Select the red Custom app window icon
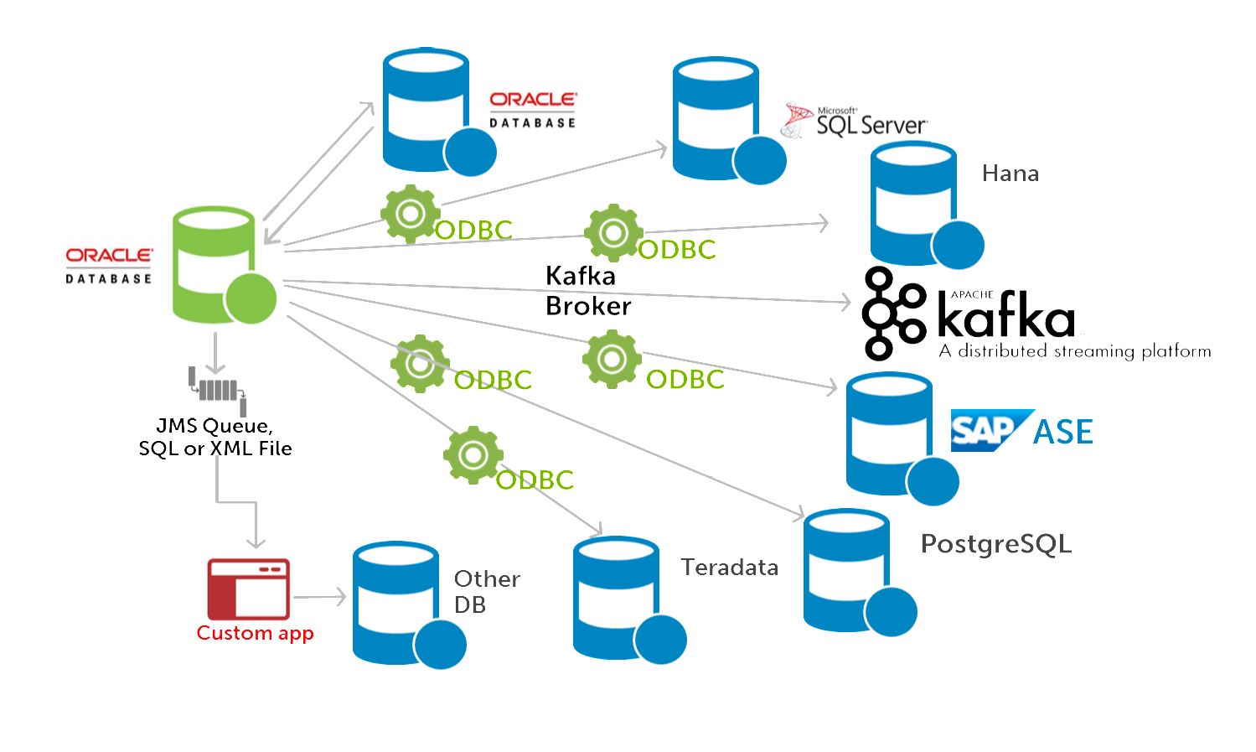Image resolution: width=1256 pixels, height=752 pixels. click(x=248, y=589)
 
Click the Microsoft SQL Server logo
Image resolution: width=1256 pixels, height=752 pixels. click(x=855, y=122)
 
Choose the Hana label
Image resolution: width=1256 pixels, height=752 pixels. click(x=1010, y=174)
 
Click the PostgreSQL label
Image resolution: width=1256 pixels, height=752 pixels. click(x=995, y=544)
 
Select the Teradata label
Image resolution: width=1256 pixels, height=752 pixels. click(x=729, y=568)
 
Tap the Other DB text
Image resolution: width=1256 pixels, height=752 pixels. click(x=486, y=591)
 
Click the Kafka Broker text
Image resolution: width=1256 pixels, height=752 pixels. click(x=587, y=291)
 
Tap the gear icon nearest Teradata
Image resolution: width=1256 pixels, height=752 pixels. click(x=473, y=454)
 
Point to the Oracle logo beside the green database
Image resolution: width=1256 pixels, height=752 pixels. click(x=109, y=265)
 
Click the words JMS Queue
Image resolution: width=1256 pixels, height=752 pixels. click(x=213, y=426)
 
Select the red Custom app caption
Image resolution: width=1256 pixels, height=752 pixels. click(x=255, y=633)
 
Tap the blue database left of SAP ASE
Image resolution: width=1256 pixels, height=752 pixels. click(x=892, y=436)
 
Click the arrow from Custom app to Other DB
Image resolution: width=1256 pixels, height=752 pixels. click(x=319, y=597)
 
